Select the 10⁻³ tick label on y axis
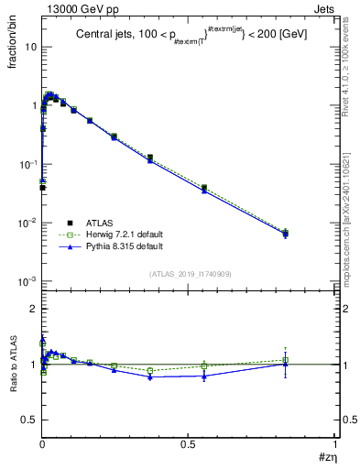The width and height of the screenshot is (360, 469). (25, 281)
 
